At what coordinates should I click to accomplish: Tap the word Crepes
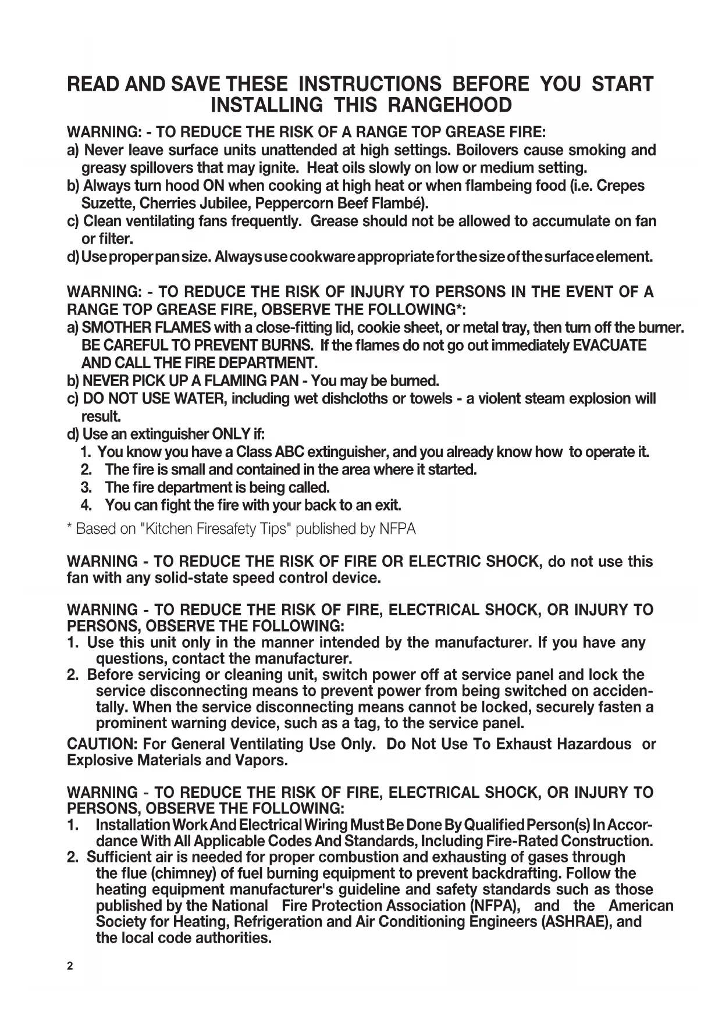(x=621, y=186)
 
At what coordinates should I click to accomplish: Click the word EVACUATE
(x=610, y=345)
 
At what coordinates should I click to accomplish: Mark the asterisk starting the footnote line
(x=70, y=527)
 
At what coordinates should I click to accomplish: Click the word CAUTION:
(x=102, y=744)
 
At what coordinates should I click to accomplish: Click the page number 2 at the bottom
(x=70, y=966)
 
